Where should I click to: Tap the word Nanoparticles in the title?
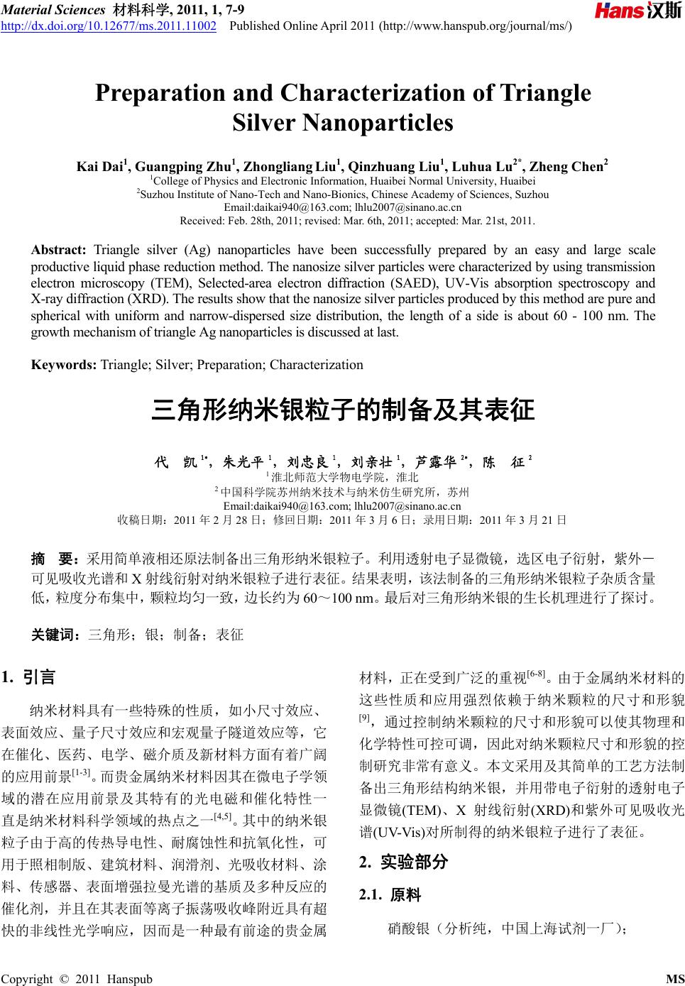click(377, 124)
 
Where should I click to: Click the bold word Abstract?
click(58, 250)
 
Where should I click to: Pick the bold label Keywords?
click(64, 365)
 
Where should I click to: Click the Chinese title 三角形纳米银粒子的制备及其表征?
click(342, 411)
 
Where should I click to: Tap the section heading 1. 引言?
click(29, 676)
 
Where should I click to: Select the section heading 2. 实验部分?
click(404, 862)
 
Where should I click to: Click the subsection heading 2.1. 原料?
click(391, 895)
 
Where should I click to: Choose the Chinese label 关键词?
click(56, 634)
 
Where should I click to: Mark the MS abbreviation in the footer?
click(674, 979)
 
